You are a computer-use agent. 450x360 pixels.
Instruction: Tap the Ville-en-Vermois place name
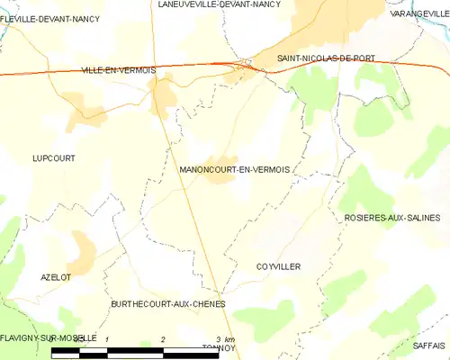118,70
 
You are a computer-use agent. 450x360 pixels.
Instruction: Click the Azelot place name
55,277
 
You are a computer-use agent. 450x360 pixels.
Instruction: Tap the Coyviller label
278,267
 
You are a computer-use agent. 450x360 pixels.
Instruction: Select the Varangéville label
420,15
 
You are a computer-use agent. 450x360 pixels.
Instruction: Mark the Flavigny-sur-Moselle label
49,337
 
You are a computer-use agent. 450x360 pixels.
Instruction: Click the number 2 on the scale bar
163,338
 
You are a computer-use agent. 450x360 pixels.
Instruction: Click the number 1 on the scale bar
107,338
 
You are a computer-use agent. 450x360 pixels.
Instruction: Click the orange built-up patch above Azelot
82,252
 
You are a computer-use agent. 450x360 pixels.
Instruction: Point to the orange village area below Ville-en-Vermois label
163,95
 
